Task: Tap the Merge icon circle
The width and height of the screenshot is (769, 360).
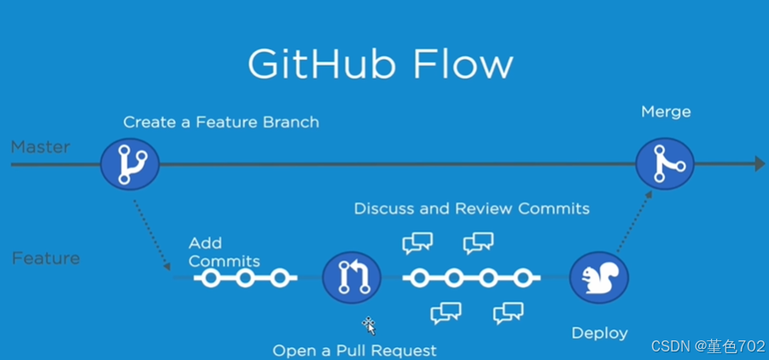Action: (665, 162)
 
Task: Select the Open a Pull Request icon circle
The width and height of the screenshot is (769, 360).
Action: (351, 277)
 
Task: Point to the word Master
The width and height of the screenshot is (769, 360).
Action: (40, 148)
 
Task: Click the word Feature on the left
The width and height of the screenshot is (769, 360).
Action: (45, 258)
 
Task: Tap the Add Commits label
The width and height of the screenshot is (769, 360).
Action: (224, 253)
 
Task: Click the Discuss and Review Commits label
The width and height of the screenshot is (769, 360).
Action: (471, 208)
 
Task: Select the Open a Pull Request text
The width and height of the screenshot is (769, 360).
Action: (354, 351)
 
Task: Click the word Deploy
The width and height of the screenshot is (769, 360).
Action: (598, 333)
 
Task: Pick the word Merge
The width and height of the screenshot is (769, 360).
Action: (666, 112)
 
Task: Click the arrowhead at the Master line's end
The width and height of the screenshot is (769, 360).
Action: (759, 164)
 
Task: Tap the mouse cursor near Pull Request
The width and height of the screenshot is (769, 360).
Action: (370, 325)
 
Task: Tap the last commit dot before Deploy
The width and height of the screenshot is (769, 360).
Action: (522, 278)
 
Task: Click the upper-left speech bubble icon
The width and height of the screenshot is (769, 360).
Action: (417, 243)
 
